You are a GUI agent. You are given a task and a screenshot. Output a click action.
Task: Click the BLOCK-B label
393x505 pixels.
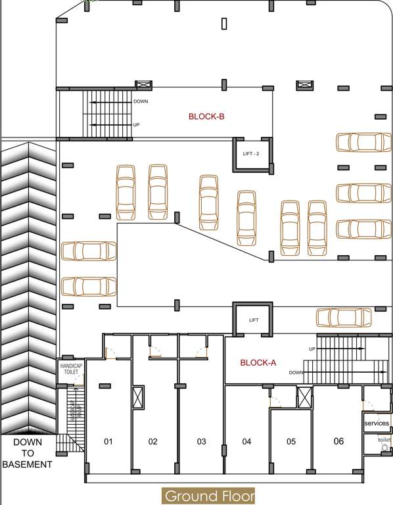206,116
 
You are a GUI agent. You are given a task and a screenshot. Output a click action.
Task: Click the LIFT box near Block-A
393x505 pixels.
254,320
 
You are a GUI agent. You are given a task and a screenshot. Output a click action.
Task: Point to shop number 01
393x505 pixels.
108,441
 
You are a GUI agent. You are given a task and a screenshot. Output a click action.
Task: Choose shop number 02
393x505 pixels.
152,441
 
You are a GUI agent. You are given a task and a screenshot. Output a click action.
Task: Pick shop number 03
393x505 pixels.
202,441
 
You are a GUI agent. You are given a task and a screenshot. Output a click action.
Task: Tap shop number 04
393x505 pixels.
246,441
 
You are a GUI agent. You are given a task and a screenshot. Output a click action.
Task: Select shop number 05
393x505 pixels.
291,441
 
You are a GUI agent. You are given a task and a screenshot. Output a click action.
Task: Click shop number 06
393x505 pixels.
338,441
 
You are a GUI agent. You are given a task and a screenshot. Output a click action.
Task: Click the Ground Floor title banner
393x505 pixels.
208,496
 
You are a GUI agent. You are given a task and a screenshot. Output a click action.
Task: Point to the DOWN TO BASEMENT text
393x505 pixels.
27,453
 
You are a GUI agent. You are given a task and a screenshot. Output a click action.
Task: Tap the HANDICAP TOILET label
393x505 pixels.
71,368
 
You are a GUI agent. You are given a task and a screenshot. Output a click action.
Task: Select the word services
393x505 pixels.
377,423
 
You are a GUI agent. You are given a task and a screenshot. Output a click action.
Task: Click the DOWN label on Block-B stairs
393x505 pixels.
141,102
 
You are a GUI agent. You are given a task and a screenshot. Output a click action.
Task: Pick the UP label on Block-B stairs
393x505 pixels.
136,125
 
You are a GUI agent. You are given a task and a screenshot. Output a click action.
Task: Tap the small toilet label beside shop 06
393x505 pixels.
384,439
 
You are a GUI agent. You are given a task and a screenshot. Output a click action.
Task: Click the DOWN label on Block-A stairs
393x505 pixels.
295,373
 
